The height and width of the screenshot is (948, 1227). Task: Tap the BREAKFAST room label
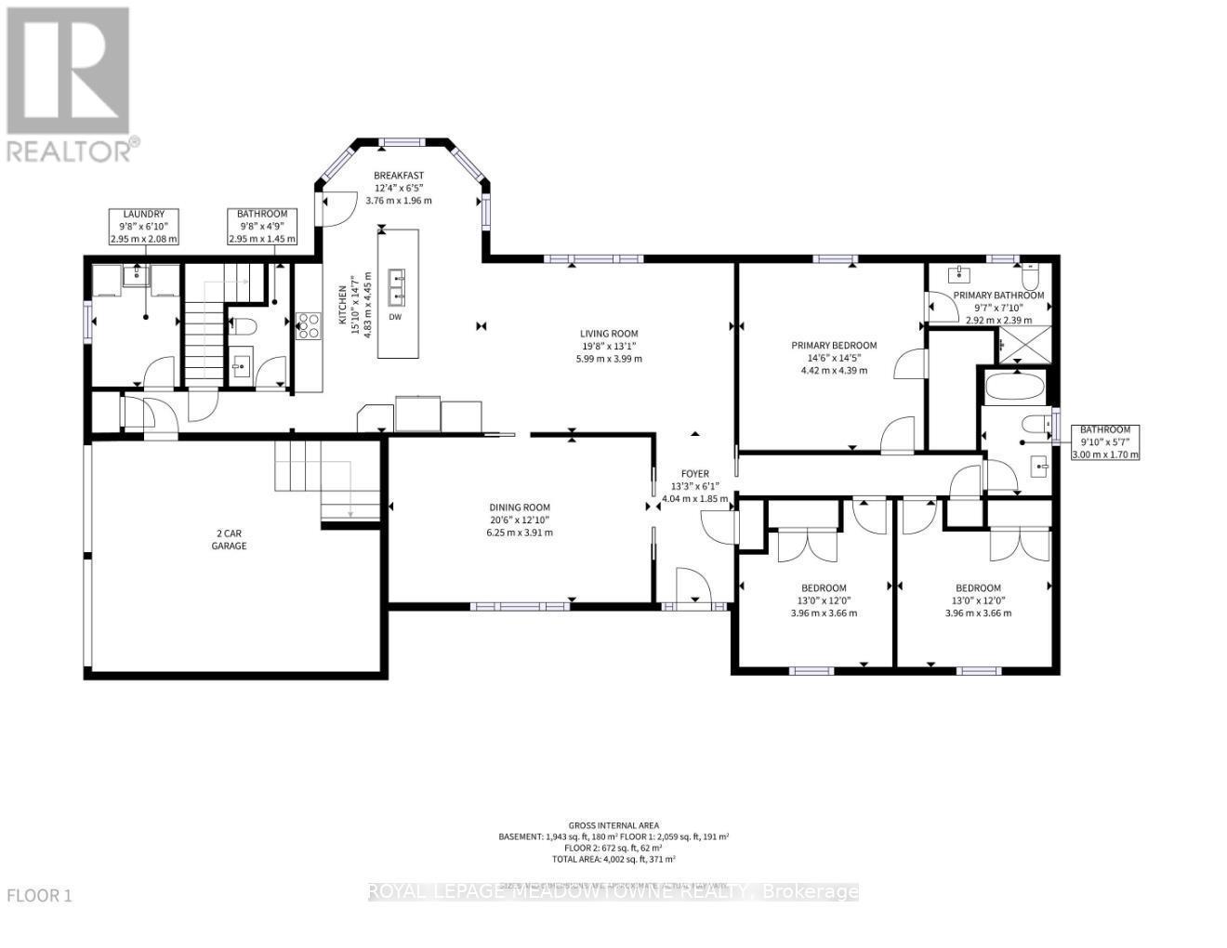(399, 176)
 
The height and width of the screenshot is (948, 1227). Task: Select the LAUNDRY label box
(143, 227)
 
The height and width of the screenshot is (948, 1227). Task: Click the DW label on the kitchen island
(395, 317)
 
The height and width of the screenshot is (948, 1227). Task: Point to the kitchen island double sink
(398, 287)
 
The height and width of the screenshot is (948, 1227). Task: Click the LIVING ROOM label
(609, 334)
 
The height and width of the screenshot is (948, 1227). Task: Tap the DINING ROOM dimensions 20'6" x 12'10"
(521, 520)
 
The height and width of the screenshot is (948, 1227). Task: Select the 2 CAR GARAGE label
(229, 540)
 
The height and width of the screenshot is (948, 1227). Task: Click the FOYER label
(694, 473)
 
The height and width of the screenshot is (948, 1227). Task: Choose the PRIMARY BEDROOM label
(834, 346)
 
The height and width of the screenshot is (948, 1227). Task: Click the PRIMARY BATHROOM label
(998, 296)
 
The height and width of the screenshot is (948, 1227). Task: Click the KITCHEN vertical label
(342, 305)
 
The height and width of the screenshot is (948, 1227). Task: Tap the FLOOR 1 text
(39, 896)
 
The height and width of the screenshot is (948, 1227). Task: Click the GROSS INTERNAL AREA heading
(613, 825)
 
